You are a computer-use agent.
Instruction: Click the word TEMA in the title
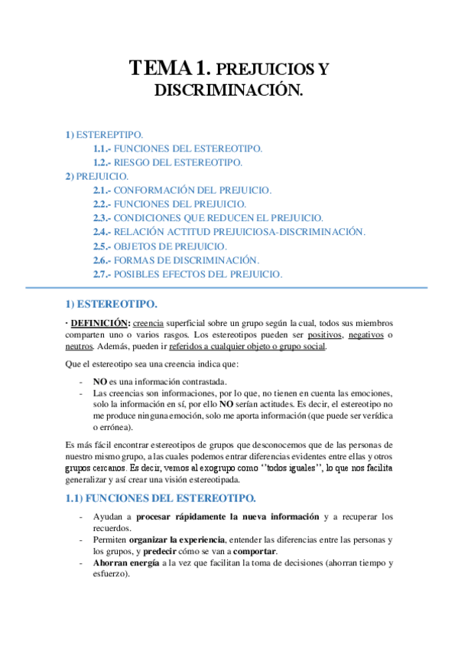(x=156, y=68)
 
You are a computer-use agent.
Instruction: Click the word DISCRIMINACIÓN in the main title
(x=229, y=90)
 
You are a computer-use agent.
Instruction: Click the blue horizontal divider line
(x=229, y=288)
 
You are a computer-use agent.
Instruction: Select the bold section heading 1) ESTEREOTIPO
(x=112, y=304)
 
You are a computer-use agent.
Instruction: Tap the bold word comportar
(x=255, y=552)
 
